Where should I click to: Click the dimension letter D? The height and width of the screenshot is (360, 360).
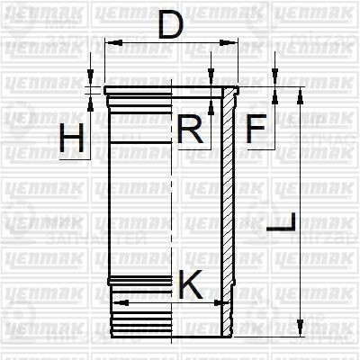(170, 24)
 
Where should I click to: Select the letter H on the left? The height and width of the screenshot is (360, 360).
(74, 140)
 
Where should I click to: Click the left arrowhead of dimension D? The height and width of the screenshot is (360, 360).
(109, 42)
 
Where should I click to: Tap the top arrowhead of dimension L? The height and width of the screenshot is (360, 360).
(298, 91)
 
